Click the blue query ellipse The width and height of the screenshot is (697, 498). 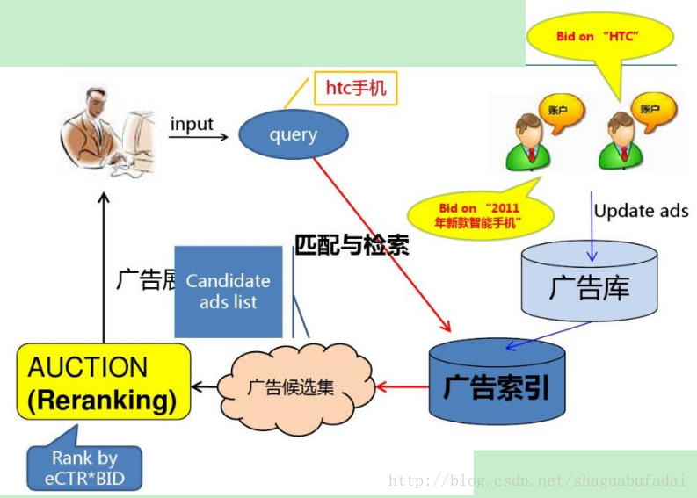point(294,134)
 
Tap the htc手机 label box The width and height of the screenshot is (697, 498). point(355,88)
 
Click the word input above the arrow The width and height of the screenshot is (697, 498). point(192,124)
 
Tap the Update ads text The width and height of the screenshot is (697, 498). point(641,211)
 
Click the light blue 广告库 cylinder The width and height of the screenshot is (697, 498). point(589,281)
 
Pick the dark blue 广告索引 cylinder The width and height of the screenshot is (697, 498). point(497,383)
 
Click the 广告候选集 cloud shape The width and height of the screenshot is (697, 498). point(290,386)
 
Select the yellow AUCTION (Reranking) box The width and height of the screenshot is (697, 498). point(104,381)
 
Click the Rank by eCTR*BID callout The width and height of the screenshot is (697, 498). point(83,465)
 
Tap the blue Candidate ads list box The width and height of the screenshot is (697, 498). point(229,292)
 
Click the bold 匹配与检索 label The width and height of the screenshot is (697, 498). point(352,245)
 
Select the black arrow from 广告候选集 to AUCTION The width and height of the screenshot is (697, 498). point(209,386)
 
